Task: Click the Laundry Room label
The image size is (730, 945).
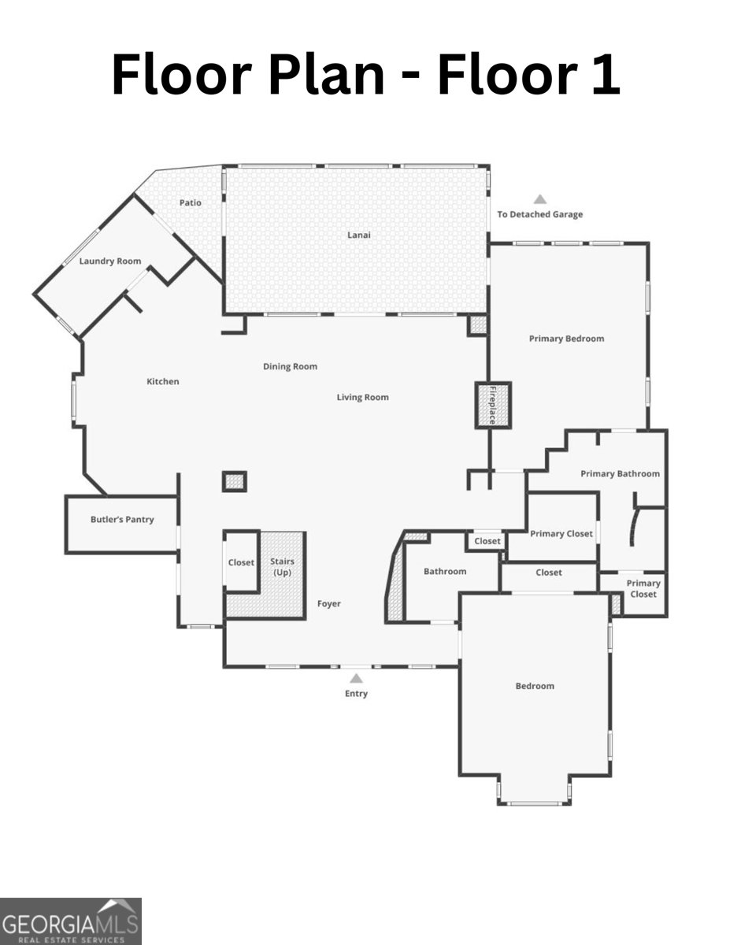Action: pos(110,261)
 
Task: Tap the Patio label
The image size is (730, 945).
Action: pos(190,202)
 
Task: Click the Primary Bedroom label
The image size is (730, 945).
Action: pos(566,339)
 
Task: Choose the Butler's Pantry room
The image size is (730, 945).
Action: pos(121,520)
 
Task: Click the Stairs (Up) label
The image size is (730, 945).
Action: pos(282,567)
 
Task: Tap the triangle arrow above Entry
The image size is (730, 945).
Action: pos(356,678)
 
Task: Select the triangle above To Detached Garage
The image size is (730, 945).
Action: pos(539,199)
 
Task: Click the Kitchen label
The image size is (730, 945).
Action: pos(163,382)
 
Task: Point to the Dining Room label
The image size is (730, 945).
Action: pos(290,366)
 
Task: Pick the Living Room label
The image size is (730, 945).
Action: pos(362,398)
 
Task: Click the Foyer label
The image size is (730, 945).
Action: pos(328,604)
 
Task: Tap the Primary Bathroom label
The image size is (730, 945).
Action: pos(620,474)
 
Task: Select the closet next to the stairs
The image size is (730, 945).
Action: pos(241,562)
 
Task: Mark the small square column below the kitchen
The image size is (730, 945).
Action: pos(235,481)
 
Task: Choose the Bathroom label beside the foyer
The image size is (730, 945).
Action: pos(445,572)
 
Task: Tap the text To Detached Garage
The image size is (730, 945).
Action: pos(539,214)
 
